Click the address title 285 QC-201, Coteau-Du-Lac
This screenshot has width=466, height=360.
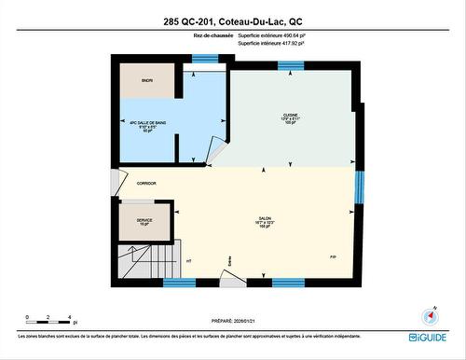[x=233, y=20]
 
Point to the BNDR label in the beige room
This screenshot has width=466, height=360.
[x=147, y=81]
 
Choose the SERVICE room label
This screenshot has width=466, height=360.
[x=144, y=222]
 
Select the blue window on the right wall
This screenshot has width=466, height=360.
[x=359, y=186]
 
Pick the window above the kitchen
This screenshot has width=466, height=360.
[x=291, y=64]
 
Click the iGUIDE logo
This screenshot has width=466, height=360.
[x=427, y=337]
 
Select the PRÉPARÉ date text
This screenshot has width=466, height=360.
[x=233, y=314]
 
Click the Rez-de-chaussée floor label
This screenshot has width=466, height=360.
[x=213, y=35]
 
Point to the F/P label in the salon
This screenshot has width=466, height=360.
[x=333, y=256]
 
